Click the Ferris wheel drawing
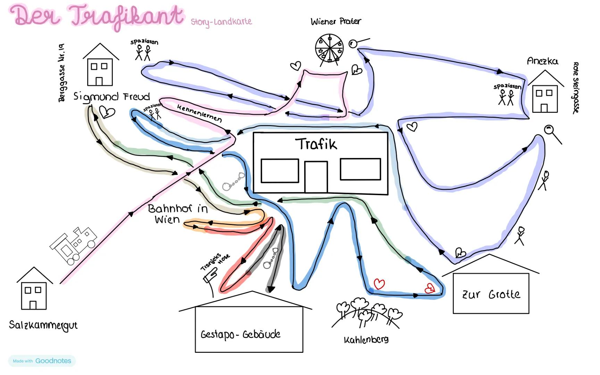(329, 49)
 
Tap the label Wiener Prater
(336, 22)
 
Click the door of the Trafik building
(316, 176)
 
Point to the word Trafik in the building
(316, 144)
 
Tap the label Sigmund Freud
(111, 97)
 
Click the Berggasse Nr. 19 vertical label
(62, 73)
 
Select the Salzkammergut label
(43, 325)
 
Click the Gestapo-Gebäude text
(240, 334)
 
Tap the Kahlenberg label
(366, 340)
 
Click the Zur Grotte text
(491, 294)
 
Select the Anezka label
(542, 61)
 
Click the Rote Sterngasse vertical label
(576, 87)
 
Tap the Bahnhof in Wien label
(177, 214)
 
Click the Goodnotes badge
(42, 361)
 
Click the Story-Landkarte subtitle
(221, 22)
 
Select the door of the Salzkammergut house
(33, 305)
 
